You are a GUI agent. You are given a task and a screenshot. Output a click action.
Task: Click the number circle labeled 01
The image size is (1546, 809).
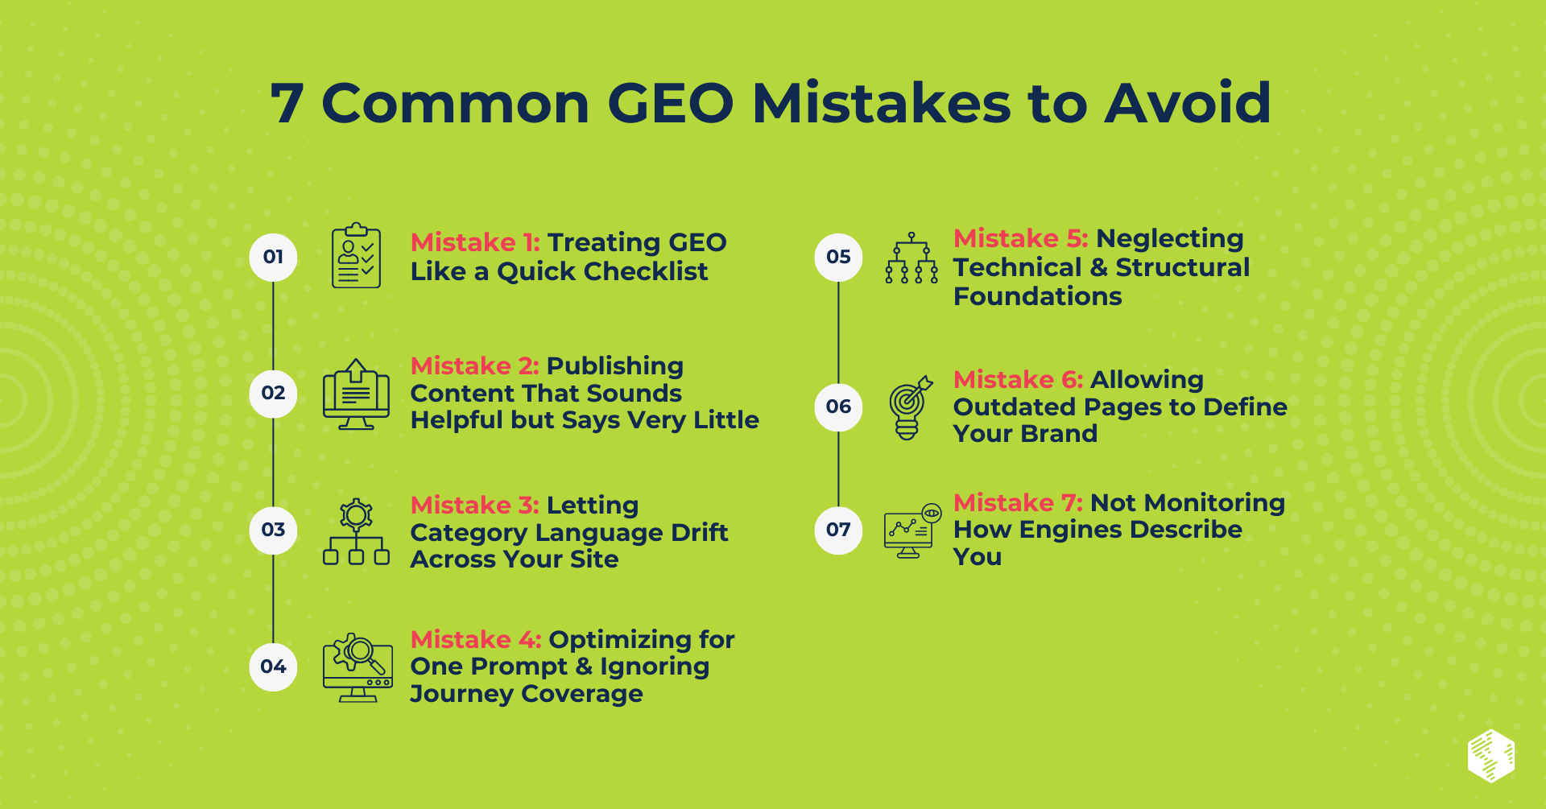273,258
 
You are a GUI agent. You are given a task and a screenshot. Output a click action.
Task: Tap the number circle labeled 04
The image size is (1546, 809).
273,667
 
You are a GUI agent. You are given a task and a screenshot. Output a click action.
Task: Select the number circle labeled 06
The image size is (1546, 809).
838,407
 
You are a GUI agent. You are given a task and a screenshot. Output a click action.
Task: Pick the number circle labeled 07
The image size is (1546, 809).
838,530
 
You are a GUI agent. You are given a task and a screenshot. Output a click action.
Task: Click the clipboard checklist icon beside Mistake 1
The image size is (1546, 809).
356,257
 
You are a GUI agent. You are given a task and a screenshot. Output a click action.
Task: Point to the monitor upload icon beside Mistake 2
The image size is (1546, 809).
356,394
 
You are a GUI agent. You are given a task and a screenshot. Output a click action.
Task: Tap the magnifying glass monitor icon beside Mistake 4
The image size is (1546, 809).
358,667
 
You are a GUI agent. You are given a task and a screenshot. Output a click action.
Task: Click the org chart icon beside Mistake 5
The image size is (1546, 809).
911,258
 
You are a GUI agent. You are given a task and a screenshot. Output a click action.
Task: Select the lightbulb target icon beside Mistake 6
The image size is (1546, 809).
910,408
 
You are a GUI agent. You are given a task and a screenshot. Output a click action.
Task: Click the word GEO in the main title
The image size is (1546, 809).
670,104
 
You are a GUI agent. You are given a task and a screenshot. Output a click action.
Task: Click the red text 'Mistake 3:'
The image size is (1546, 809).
474,506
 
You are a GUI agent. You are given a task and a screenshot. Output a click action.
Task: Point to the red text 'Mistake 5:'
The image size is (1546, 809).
1020,238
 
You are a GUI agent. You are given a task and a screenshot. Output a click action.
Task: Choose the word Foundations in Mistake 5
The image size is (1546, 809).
1037,297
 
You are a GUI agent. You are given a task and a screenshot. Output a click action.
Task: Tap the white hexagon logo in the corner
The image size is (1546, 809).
1491,756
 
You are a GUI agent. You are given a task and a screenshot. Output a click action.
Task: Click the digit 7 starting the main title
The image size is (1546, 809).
287,104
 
